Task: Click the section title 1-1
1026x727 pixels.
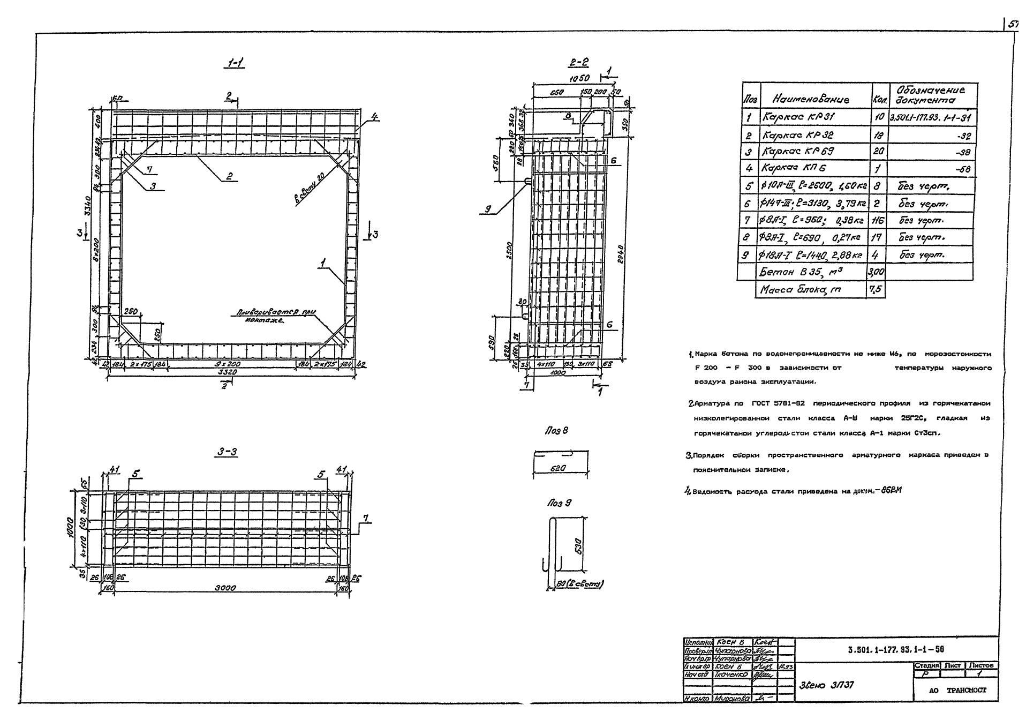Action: coord(234,64)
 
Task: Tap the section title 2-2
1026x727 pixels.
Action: coord(578,63)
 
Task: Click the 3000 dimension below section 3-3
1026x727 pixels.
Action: coord(225,588)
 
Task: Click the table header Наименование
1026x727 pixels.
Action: coord(810,99)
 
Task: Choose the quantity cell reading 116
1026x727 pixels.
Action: coord(878,220)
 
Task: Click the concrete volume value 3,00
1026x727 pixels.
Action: coord(876,272)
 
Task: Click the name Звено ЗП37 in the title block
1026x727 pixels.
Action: coord(826,684)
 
